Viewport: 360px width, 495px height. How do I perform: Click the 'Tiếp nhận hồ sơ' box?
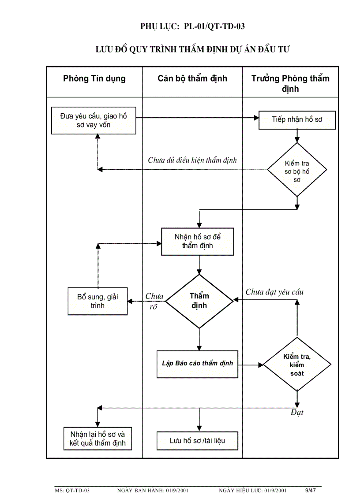[x=297, y=119]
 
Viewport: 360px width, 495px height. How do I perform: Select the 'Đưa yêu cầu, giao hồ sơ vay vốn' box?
[x=94, y=120]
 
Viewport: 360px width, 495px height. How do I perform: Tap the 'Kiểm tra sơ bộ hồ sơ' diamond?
[x=297, y=169]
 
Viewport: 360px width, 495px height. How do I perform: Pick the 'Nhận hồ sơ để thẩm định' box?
[x=198, y=242]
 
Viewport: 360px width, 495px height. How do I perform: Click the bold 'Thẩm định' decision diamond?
[x=199, y=301]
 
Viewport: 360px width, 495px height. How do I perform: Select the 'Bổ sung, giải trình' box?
[x=97, y=301]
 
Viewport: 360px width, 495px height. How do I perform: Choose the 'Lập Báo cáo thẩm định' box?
[x=197, y=364]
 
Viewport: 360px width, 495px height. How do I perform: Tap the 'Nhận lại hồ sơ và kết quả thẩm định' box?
[x=97, y=438]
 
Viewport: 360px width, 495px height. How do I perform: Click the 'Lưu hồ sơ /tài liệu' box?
[x=197, y=440]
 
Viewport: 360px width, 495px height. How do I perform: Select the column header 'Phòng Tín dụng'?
[x=94, y=79]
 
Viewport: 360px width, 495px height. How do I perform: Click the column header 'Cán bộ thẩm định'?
[x=192, y=79]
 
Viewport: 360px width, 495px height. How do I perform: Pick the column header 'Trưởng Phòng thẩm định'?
[x=290, y=84]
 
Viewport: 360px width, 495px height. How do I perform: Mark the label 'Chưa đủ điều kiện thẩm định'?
[x=192, y=160]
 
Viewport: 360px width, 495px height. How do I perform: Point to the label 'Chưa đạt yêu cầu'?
[x=274, y=292]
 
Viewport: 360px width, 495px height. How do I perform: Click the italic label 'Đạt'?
[x=297, y=413]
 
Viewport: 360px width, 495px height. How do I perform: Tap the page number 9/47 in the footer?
[x=311, y=490]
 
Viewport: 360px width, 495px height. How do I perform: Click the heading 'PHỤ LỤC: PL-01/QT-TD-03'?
[x=192, y=26]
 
